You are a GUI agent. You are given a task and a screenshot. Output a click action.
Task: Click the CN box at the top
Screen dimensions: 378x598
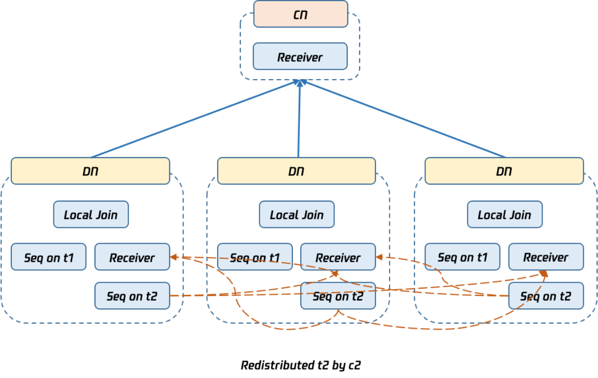point(301,14)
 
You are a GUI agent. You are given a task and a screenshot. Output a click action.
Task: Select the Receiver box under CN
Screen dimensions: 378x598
point(300,57)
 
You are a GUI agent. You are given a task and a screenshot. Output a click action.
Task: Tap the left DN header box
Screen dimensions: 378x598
point(90,171)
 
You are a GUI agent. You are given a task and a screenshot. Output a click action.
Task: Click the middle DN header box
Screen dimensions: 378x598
point(296,171)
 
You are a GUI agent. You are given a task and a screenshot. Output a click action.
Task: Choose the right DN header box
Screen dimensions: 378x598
point(504,171)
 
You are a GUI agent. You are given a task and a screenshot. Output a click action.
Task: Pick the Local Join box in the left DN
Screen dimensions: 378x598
point(91,214)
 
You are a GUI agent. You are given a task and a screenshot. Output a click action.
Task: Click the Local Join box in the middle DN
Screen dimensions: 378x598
point(297,214)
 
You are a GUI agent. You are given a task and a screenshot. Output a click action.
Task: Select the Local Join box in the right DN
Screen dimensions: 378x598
point(505,214)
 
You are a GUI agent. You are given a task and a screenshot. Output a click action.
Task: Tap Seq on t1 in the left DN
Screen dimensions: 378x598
point(48,257)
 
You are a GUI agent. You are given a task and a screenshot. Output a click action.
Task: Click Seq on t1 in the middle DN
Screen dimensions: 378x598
point(255,257)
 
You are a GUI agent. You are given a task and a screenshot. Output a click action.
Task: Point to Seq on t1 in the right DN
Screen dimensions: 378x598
point(462,257)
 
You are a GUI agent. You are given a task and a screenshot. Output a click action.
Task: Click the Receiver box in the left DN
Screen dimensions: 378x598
point(132,257)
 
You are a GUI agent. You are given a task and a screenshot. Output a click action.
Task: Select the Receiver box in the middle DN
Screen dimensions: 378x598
point(338,257)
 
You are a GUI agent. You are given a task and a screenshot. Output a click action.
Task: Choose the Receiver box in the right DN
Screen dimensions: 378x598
point(546,257)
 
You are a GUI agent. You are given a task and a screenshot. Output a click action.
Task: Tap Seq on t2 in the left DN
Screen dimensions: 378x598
point(132,295)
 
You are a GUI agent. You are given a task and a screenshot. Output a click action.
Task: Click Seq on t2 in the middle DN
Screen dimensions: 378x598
point(338,295)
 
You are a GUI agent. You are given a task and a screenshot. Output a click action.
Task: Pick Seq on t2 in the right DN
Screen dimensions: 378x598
point(546,295)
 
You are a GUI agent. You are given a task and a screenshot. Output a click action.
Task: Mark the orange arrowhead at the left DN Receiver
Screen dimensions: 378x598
point(174,257)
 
